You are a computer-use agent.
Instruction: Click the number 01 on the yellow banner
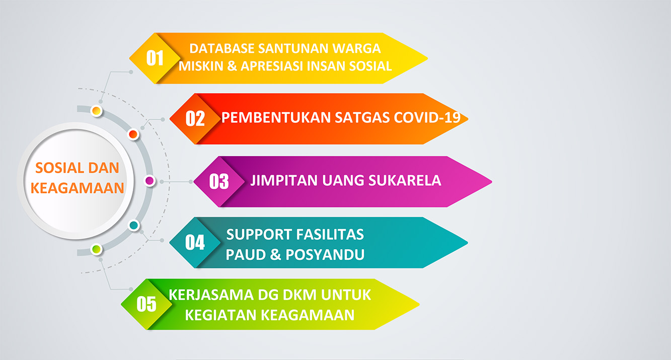click(155, 58)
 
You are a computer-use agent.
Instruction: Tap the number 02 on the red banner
click(195, 119)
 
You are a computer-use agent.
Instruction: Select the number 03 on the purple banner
click(219, 181)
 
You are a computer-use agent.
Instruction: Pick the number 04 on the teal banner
click(195, 242)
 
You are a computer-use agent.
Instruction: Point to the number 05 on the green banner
click(146, 304)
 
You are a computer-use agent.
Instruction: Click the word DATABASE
click(222, 48)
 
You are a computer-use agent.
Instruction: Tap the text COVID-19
click(427, 117)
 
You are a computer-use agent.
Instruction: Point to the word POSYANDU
click(325, 255)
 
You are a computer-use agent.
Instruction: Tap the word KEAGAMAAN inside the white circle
click(78, 188)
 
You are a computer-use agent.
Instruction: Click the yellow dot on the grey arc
click(97, 111)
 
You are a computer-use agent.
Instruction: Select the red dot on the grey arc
click(133, 134)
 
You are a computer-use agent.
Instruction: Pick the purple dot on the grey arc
click(150, 181)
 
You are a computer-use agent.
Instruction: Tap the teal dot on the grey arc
click(133, 225)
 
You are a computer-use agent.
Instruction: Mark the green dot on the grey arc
click(97, 249)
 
